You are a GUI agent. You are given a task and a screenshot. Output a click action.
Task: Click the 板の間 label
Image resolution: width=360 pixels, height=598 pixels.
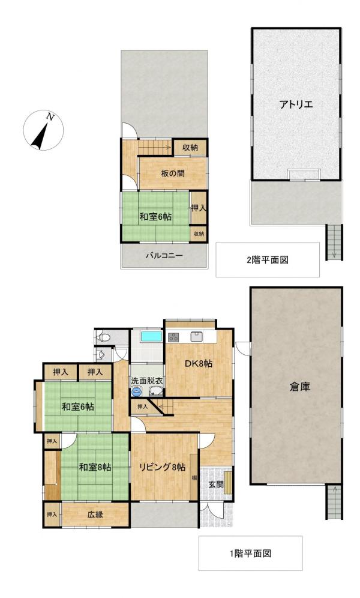tap(172, 174)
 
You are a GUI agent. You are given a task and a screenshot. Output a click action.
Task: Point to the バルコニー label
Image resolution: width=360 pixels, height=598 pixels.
tap(164, 255)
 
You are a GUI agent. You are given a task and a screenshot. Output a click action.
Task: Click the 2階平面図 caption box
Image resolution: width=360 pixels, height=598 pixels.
tap(268, 259)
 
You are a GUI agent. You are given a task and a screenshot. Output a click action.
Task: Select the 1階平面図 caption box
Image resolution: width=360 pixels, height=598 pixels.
tap(250, 553)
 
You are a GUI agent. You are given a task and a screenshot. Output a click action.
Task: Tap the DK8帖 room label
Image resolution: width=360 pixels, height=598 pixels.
tap(200, 363)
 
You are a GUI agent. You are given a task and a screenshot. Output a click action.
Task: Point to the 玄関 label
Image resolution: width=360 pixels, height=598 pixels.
tap(215, 483)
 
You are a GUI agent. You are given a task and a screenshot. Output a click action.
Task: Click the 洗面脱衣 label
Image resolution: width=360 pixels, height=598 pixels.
tap(148, 381)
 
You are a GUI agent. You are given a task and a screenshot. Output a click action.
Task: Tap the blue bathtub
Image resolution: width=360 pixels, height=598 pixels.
tap(151, 336)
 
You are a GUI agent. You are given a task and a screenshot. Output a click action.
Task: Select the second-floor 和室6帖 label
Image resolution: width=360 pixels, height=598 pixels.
tap(156, 217)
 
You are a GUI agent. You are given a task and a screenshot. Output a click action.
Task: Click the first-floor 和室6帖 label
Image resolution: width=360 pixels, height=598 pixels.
tap(77, 406)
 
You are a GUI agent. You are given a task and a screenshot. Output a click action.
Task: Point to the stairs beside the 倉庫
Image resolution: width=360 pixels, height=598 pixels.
tap(334, 501)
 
